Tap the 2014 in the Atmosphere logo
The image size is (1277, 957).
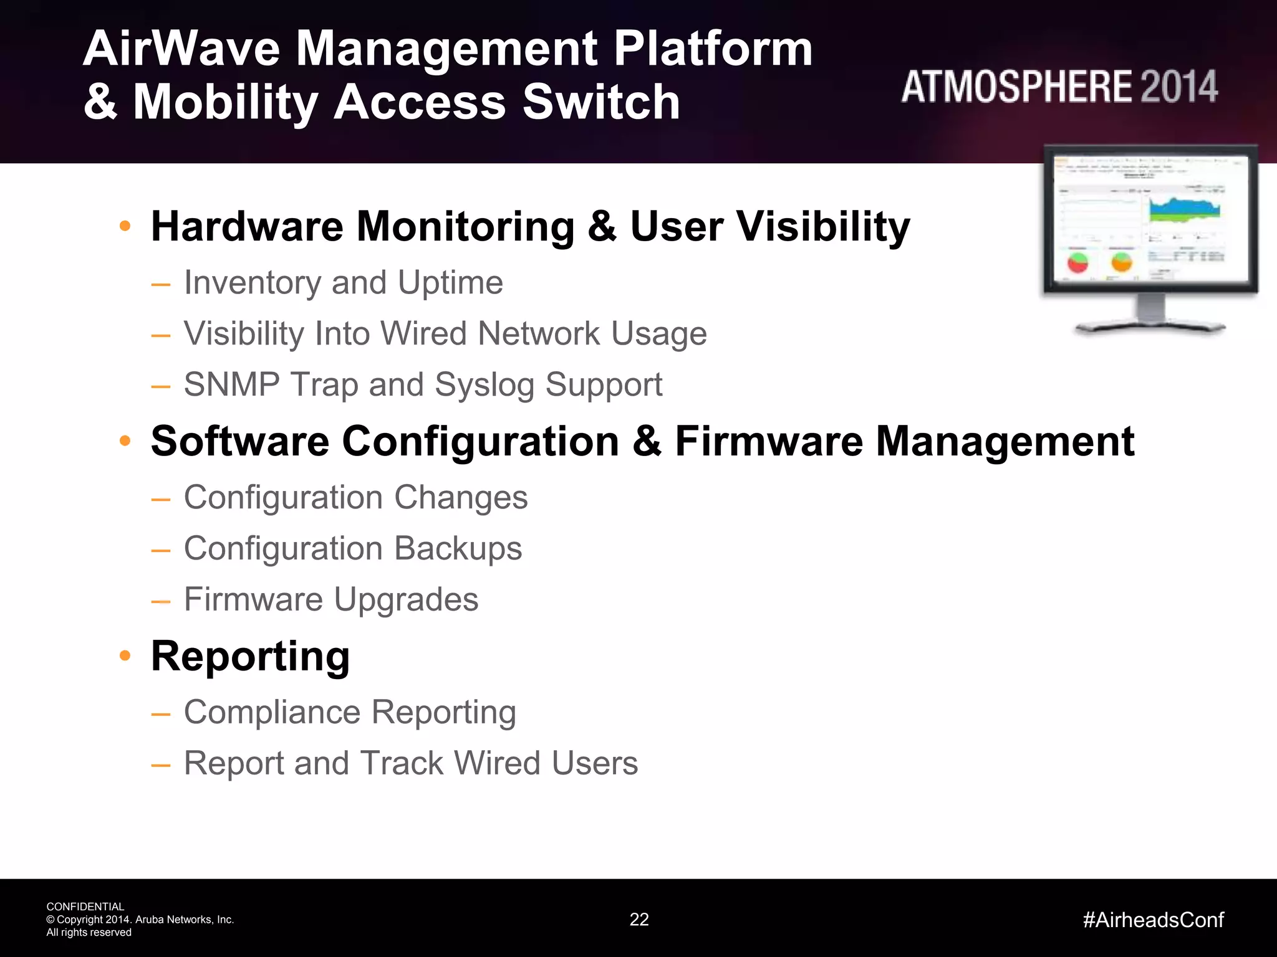pos(1179,87)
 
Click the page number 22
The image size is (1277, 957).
pos(639,920)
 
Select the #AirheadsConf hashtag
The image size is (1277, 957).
pos(1154,920)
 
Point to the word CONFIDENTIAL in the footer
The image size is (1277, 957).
pos(85,907)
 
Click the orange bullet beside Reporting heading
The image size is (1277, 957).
pos(125,655)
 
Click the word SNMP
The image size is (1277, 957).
pos(231,384)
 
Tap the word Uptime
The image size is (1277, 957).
pos(450,283)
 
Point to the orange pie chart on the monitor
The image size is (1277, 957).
pos(1121,262)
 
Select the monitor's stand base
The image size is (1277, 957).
pos(1150,326)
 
